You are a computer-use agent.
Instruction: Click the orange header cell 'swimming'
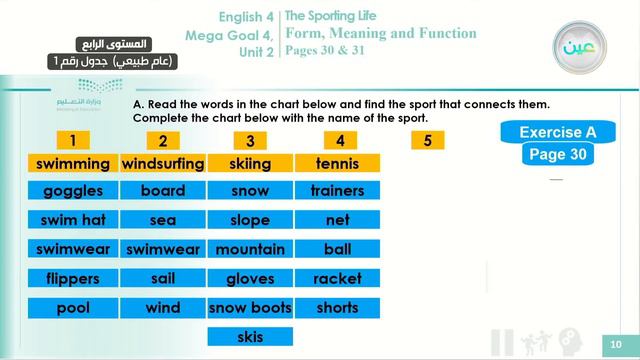click(73, 163)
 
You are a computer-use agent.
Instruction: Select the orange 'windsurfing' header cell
click(163, 163)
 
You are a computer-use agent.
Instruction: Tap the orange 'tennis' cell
click(337, 163)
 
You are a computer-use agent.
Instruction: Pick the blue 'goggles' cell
click(73, 191)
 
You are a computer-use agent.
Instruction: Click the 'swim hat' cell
click(73, 220)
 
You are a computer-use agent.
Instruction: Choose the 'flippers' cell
click(73, 279)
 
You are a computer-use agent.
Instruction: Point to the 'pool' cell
click(73, 308)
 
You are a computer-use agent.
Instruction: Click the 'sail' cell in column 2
click(163, 279)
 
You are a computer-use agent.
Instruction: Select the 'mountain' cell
click(250, 249)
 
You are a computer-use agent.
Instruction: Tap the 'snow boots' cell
click(250, 308)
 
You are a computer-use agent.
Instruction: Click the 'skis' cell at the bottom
click(250, 336)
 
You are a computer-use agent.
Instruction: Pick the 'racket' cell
click(337, 279)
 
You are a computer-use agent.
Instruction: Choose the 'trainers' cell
click(337, 191)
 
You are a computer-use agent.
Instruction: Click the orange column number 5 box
click(427, 141)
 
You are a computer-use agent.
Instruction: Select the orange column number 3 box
click(250, 141)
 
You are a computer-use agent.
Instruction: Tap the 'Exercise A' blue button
click(558, 132)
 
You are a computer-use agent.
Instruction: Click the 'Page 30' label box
click(558, 155)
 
